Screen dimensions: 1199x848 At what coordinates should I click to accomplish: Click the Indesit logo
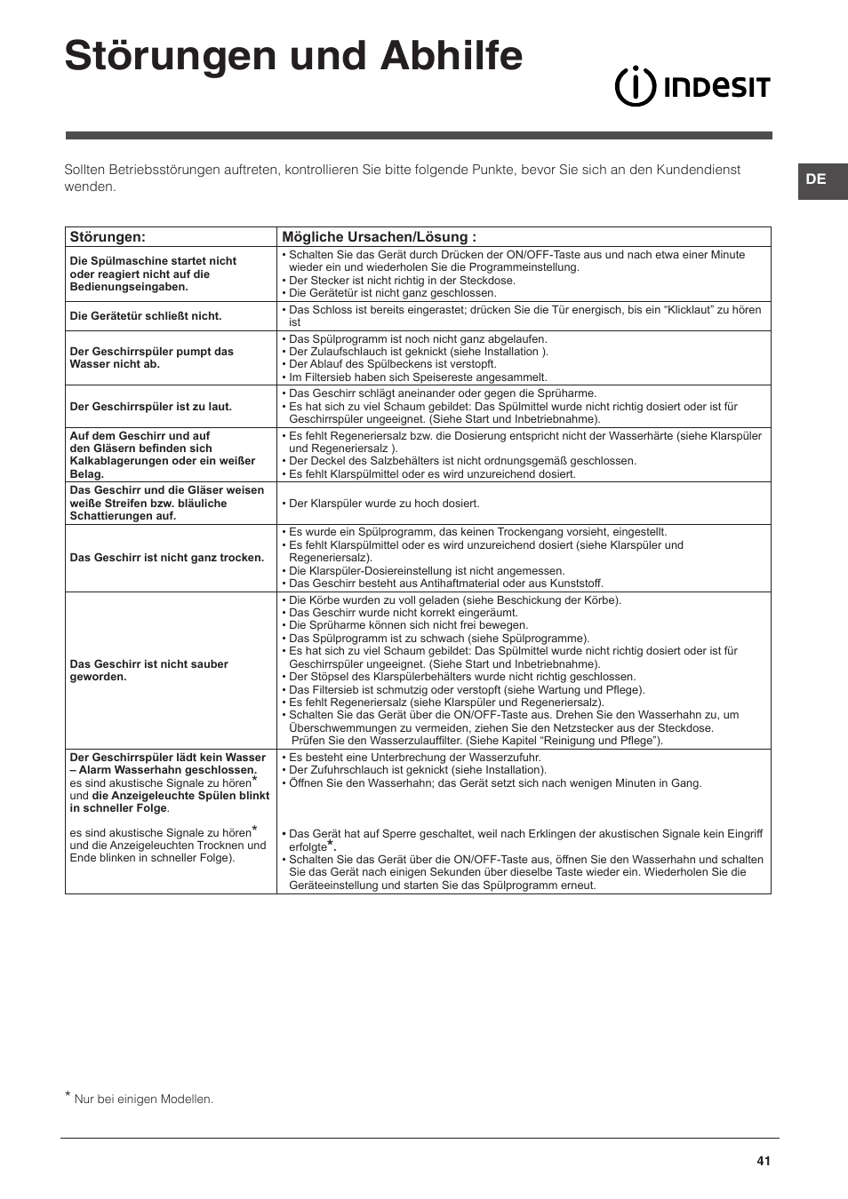(x=692, y=87)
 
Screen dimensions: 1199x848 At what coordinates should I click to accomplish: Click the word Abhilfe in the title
(x=452, y=55)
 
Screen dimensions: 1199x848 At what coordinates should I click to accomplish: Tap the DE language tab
(x=816, y=179)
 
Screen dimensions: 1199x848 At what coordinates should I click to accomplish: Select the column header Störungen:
(x=108, y=237)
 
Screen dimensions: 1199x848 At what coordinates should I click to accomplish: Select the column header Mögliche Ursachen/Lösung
(x=379, y=237)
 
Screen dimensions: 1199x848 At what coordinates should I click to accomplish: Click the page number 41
(x=764, y=1161)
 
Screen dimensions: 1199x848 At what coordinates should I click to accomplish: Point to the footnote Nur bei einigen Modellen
(x=143, y=1100)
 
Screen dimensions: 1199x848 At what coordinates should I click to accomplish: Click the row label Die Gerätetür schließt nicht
(x=146, y=316)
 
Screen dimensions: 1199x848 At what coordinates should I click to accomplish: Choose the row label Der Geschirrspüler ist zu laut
(x=150, y=407)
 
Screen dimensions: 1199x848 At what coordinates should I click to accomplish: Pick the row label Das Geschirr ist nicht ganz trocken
(x=167, y=558)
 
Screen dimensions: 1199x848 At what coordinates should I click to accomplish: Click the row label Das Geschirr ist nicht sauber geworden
(x=148, y=670)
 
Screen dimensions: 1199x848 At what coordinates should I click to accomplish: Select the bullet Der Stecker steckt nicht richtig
(x=402, y=280)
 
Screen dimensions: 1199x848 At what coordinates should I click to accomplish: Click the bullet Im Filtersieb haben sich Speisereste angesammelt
(x=418, y=377)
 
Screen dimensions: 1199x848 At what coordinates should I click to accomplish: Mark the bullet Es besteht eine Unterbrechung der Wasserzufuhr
(x=414, y=758)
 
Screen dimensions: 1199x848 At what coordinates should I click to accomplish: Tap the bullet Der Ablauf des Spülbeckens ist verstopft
(x=392, y=364)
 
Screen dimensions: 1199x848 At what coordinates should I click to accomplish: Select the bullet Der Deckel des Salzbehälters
(x=462, y=461)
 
